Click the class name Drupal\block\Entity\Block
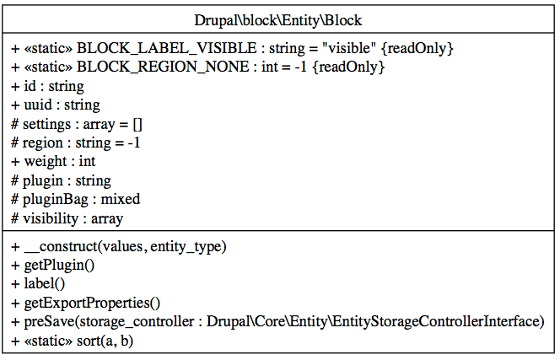279,19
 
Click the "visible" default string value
347,49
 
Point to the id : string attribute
48,86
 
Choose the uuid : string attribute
56,105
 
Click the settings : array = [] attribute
77,124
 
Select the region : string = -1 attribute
76,143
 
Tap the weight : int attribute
53,162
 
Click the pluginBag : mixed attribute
76,200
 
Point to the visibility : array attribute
67,218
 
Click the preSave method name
46,322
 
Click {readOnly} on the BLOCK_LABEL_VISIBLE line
418,49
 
